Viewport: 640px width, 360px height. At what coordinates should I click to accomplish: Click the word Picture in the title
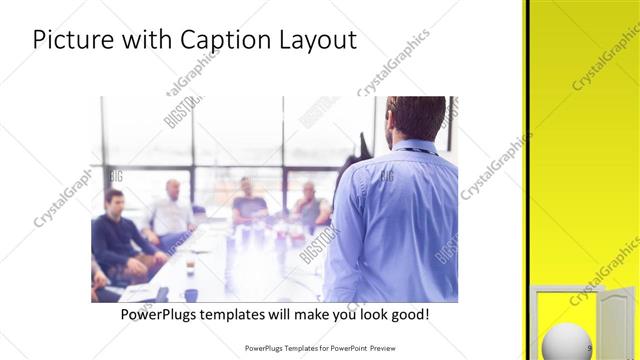pos(73,41)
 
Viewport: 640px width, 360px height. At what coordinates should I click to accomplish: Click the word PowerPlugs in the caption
pos(159,314)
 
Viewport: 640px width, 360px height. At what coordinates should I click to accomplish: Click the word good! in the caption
pos(409,314)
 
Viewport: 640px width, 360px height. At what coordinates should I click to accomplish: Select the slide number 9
pos(590,348)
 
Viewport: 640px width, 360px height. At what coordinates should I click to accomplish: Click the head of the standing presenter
pos(415,117)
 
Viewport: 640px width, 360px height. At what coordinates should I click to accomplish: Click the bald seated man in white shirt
pos(172,212)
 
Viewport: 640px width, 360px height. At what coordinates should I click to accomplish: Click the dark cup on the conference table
pos(190,294)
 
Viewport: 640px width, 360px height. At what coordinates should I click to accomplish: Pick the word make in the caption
pos(305,314)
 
